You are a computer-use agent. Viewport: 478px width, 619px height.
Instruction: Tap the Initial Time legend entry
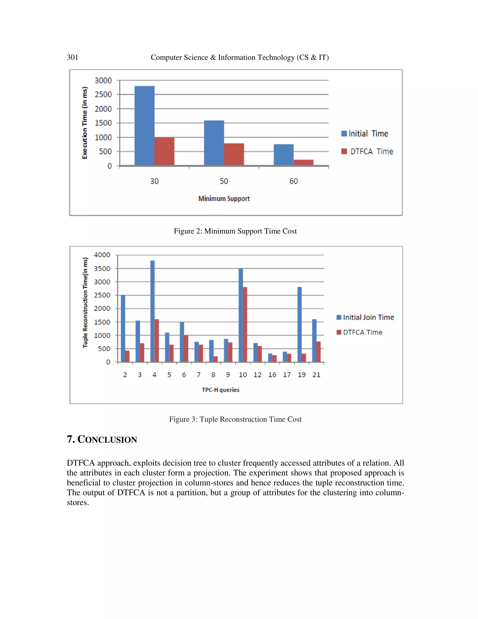point(365,133)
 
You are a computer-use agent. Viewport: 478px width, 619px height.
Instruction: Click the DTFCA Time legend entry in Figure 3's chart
point(359,332)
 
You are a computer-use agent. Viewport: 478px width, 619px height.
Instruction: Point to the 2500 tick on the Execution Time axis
point(103,94)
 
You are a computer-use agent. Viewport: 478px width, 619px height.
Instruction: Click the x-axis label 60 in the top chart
point(293,181)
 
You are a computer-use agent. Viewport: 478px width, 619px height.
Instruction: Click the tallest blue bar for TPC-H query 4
point(152,311)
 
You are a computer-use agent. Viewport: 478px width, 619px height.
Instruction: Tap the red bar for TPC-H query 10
point(245,324)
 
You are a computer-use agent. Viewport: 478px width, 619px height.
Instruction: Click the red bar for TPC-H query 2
point(127,356)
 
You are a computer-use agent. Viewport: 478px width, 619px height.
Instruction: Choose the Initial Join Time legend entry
point(365,317)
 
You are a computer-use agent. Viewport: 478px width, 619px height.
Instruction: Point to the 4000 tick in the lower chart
point(102,255)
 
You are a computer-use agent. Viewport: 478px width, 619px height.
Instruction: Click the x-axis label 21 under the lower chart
point(316,375)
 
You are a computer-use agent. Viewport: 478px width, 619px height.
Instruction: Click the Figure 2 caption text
point(235,231)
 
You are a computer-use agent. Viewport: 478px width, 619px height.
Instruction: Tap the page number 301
point(73,57)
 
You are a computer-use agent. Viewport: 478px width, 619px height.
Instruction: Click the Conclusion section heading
point(102,439)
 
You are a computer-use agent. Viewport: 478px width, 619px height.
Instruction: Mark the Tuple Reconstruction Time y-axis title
point(85,302)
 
